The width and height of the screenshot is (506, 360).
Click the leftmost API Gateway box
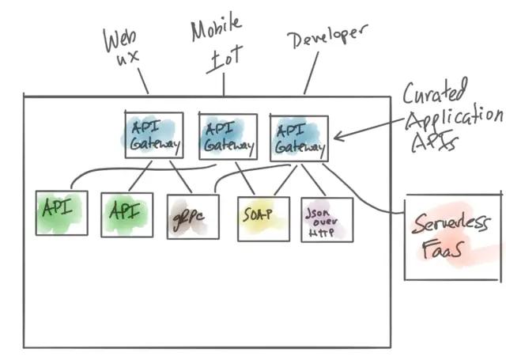point(154,135)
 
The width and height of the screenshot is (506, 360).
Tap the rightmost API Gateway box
point(299,138)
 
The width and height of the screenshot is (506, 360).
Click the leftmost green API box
point(62,212)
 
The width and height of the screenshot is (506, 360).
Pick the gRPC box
point(187,216)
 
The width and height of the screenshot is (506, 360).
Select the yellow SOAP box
point(263,218)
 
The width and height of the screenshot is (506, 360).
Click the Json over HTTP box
point(326,218)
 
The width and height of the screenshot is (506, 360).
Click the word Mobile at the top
point(215,30)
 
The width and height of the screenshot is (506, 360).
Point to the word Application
point(453,119)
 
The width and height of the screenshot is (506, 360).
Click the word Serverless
point(453,223)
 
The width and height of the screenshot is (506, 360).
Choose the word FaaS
point(444,251)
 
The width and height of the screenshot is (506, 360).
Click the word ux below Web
point(128,59)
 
